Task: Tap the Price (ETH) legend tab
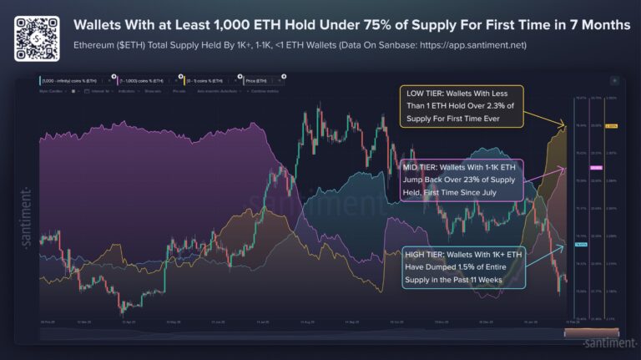pyautogui.click(x=260, y=80)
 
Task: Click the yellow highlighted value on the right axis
pyautogui.click(x=611, y=126)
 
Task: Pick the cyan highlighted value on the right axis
pyautogui.click(x=582, y=245)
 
